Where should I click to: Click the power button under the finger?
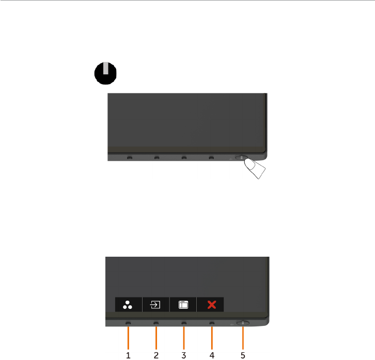click(242, 158)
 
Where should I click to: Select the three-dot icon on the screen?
click(128, 304)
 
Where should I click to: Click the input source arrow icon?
click(155, 304)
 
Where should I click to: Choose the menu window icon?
click(183, 304)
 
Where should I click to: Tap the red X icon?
click(211, 304)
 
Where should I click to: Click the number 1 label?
click(128, 355)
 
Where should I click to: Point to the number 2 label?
click(156, 355)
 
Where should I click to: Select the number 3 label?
click(183, 355)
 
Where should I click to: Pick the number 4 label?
click(211, 355)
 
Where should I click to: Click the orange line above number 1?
click(128, 337)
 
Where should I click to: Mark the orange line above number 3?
click(183, 337)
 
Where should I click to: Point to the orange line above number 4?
click(211, 337)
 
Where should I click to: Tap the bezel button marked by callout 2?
click(156, 323)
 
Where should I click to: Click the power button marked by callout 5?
click(243, 322)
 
